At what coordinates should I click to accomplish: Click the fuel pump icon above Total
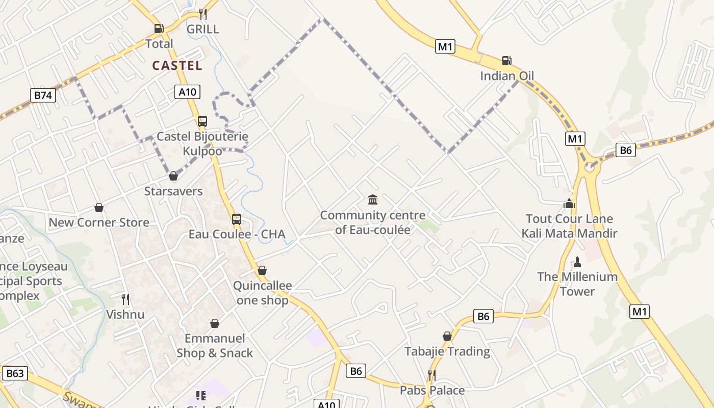click(x=159, y=29)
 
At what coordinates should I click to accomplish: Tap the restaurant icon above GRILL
click(x=202, y=14)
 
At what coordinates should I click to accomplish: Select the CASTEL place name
click(x=177, y=65)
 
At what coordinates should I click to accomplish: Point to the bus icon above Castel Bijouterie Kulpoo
click(x=202, y=121)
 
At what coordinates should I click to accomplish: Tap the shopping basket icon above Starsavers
click(x=173, y=176)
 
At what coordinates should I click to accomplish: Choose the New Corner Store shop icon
click(x=99, y=208)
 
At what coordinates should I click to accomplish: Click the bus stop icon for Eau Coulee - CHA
click(x=237, y=219)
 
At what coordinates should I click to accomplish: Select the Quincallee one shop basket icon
click(x=262, y=270)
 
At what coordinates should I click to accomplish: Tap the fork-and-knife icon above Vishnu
click(x=125, y=299)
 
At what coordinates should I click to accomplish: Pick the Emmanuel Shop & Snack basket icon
click(x=215, y=323)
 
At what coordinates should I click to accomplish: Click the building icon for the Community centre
click(x=373, y=199)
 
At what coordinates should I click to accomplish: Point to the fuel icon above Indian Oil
click(x=506, y=61)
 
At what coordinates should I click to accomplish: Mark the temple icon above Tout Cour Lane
click(x=569, y=203)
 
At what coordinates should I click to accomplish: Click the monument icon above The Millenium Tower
click(x=577, y=262)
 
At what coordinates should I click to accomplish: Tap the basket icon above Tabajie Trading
click(x=447, y=336)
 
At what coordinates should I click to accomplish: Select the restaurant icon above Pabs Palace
click(x=432, y=375)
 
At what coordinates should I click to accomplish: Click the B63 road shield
click(x=15, y=373)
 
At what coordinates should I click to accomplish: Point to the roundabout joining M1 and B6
click(x=590, y=166)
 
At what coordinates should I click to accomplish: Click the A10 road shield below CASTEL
click(x=187, y=92)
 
